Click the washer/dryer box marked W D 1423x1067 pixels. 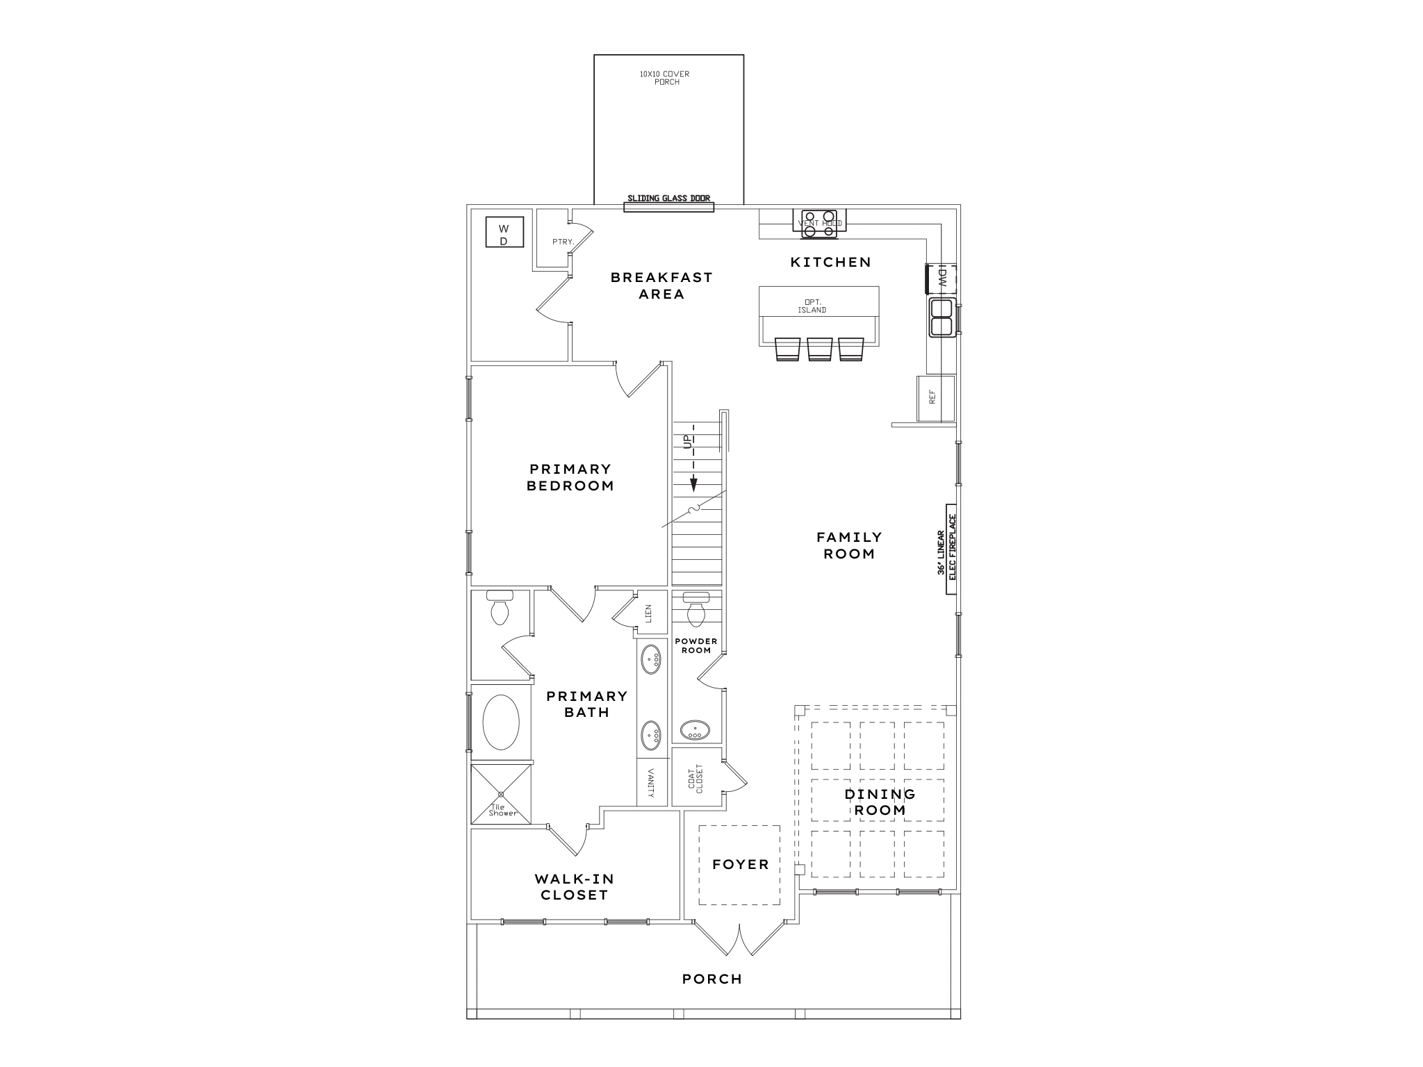[504, 232]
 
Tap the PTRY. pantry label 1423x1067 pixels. [562, 242]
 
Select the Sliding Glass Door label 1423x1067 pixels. [668, 199]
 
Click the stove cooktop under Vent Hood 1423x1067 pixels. [819, 224]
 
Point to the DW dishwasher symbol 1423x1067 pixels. [941, 278]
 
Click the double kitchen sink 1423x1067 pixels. [941, 317]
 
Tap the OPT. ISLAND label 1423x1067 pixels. [812, 306]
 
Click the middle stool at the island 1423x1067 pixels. [819, 349]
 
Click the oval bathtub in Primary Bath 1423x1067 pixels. [500, 722]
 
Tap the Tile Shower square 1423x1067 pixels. [501, 794]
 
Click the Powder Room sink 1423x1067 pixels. [695, 730]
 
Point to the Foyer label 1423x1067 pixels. [740, 865]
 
